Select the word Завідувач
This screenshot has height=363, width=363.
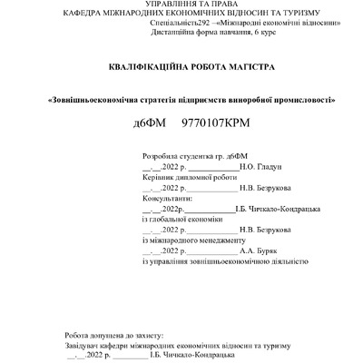[x=83, y=347]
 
